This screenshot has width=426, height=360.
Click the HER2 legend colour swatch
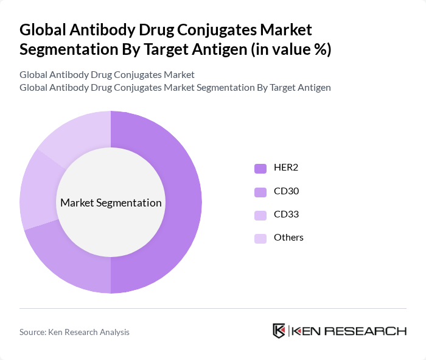(260, 169)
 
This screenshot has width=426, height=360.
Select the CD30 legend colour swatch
(260, 192)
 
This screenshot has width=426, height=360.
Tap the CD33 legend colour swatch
(260, 215)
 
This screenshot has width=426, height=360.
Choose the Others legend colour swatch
(260, 238)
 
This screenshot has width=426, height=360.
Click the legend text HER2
(287, 168)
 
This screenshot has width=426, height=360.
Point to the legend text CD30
(287, 191)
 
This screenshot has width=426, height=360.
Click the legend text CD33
(287, 214)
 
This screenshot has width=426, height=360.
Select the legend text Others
(289, 238)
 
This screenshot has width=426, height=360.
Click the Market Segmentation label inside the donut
(111, 203)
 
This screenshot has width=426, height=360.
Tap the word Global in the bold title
(42, 30)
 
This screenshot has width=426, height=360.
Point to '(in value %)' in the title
(292, 49)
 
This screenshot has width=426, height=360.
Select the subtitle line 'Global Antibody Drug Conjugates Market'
(107, 75)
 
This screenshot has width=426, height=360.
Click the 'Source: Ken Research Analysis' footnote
(74, 332)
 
